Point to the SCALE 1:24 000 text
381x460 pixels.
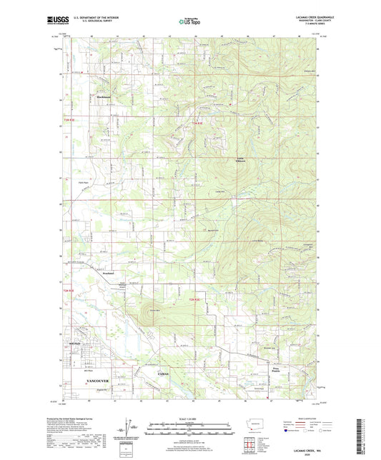[x=189, y=418]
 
